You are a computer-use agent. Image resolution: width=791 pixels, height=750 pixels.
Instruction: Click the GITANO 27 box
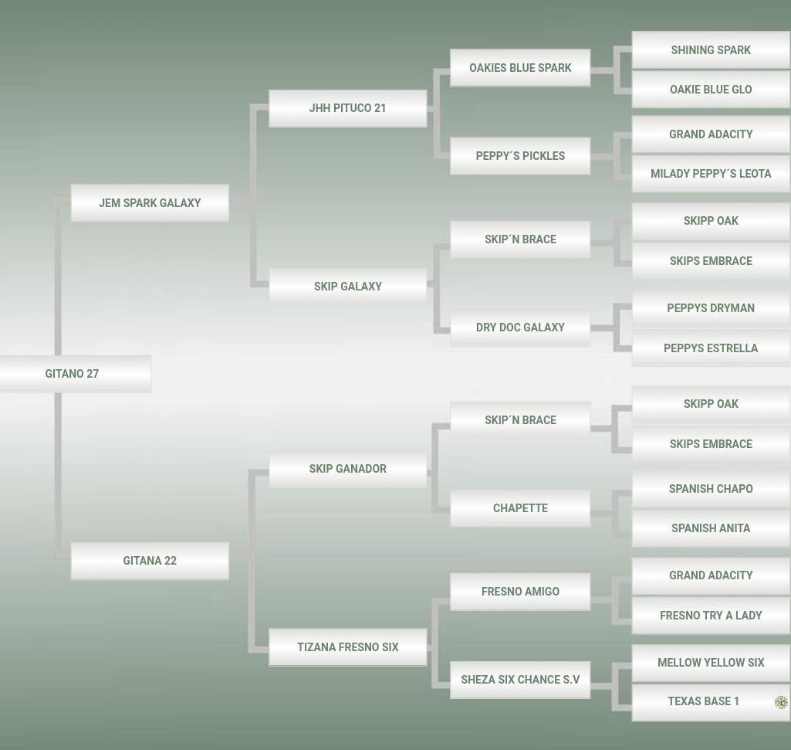pyautogui.click(x=72, y=374)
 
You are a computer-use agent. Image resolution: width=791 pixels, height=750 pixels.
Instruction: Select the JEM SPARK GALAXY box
pyautogui.click(x=150, y=203)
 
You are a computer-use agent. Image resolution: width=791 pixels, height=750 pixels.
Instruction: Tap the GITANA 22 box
pyautogui.click(x=150, y=561)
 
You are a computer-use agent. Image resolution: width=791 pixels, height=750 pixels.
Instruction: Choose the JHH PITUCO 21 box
pyautogui.click(x=347, y=108)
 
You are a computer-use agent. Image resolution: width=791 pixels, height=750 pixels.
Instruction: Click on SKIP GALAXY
pyautogui.click(x=347, y=287)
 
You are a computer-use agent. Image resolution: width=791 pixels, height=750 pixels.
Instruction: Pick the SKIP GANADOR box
pyautogui.click(x=347, y=469)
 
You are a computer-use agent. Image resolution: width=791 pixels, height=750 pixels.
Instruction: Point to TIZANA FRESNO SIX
pyautogui.click(x=347, y=647)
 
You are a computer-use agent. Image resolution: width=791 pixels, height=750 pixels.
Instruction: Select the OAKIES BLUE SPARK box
pyautogui.click(x=520, y=68)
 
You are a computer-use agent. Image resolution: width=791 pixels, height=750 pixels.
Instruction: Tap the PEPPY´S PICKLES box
pyautogui.click(x=520, y=156)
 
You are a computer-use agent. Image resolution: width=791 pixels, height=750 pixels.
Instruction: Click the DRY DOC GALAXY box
pyautogui.click(x=520, y=327)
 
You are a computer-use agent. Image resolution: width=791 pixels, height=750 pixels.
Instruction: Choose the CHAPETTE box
pyautogui.click(x=520, y=508)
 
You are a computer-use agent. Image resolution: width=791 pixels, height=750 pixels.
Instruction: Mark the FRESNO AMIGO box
pyautogui.click(x=520, y=592)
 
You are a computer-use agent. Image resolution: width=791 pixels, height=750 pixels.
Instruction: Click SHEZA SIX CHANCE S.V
pyautogui.click(x=520, y=680)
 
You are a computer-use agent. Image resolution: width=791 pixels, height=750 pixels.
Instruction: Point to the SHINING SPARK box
pyautogui.click(x=711, y=50)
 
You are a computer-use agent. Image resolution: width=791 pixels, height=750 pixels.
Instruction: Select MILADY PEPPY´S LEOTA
pyautogui.click(x=711, y=174)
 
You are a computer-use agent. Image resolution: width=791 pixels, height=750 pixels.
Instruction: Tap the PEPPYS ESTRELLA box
pyautogui.click(x=711, y=348)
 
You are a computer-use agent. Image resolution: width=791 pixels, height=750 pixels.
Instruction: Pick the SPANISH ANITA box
pyautogui.click(x=711, y=528)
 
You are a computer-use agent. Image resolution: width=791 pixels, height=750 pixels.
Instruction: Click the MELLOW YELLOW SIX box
pyautogui.click(x=711, y=663)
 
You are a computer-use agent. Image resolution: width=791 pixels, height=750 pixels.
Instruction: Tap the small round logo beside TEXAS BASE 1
pyautogui.click(x=781, y=702)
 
